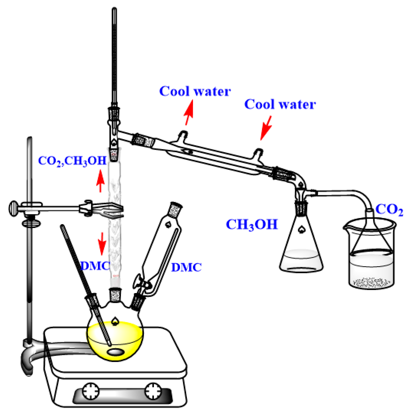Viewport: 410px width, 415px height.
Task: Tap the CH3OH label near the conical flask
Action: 252,225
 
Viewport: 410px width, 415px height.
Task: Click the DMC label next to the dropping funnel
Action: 186,267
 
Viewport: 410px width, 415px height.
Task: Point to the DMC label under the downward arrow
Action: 95,266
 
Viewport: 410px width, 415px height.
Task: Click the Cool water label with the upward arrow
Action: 195,91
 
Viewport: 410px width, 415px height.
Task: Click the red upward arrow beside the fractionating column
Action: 100,181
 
